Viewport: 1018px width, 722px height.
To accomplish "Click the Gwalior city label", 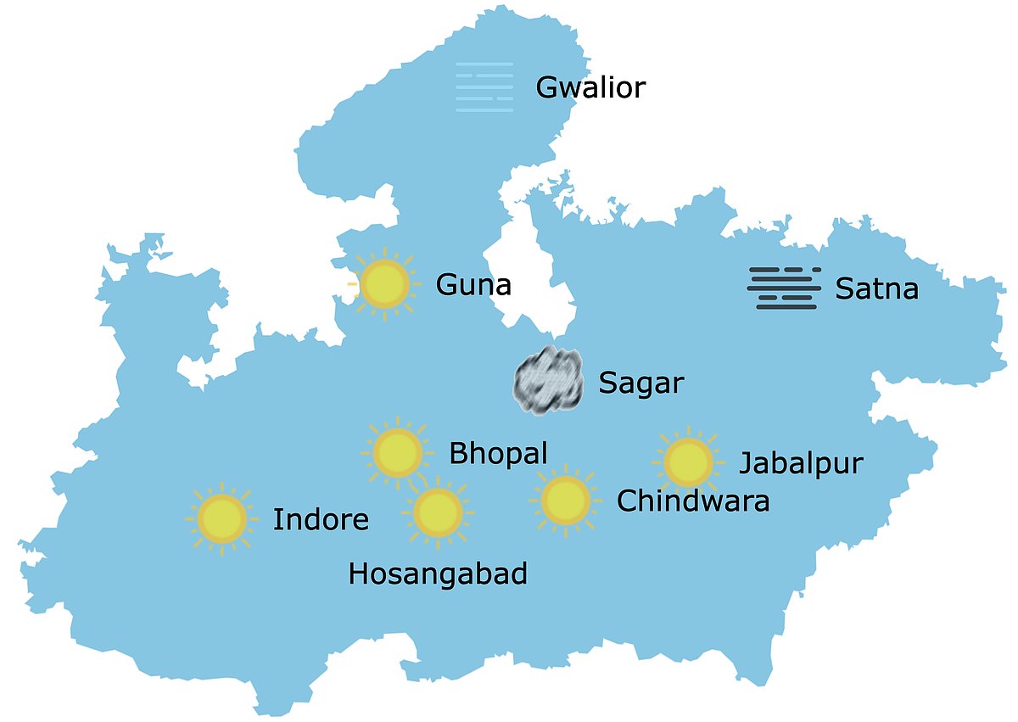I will (x=590, y=87).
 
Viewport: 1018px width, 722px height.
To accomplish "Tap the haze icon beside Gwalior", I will (x=484, y=87).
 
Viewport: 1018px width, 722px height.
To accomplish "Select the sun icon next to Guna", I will (x=385, y=284).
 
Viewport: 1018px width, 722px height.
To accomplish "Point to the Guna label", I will (x=473, y=285).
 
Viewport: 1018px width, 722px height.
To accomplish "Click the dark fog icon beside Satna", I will (x=785, y=288).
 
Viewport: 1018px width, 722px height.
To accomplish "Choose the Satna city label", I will (x=876, y=289).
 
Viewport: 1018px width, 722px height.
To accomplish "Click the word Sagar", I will (x=640, y=383).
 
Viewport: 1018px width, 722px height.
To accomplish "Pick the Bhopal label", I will (x=498, y=453).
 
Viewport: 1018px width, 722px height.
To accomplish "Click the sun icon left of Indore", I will (x=221, y=518).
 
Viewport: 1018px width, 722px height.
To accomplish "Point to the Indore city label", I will (x=321, y=520).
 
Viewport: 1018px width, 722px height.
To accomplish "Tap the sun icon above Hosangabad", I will (x=438, y=512).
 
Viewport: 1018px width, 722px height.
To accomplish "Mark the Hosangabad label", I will (x=438, y=574).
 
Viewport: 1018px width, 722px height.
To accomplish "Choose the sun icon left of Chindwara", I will (x=565, y=501).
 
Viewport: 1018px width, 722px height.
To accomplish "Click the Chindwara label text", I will (x=693, y=501).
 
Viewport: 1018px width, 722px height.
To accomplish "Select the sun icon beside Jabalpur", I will (x=688, y=462).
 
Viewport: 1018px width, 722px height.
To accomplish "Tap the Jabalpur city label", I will (x=801, y=464).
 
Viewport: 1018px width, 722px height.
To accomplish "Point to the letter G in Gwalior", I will (x=547, y=87).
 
